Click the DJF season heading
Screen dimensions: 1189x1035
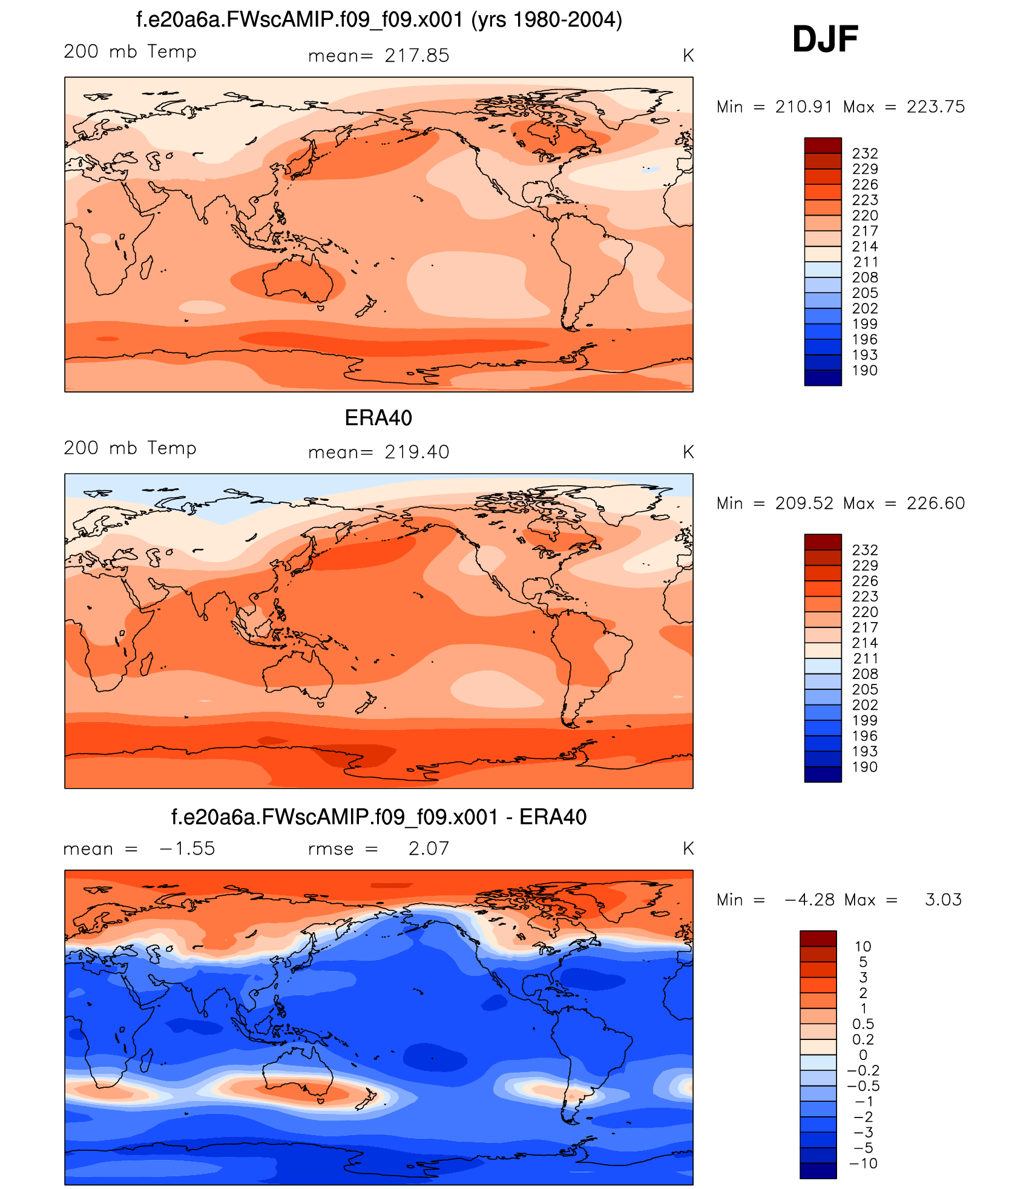click(x=824, y=39)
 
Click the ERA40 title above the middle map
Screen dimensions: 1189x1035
click(x=378, y=418)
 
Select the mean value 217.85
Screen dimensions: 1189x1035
click(x=417, y=56)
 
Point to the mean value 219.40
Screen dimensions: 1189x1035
click(x=417, y=452)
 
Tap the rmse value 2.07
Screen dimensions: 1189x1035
click(x=429, y=849)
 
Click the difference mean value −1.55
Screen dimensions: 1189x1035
click(x=187, y=849)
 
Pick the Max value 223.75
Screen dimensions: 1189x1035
click(x=935, y=107)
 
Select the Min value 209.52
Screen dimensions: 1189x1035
click(x=804, y=503)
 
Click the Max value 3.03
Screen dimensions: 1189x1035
click(x=943, y=899)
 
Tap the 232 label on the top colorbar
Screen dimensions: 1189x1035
click(x=864, y=154)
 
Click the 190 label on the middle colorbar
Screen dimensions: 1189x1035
click(x=864, y=767)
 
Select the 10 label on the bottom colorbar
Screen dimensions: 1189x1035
click(x=862, y=947)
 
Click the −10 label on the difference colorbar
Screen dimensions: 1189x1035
click(x=863, y=1164)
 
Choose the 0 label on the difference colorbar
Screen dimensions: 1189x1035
click(x=863, y=1055)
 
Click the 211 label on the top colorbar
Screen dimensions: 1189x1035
click(x=865, y=262)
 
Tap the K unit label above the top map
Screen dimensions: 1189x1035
click(x=688, y=56)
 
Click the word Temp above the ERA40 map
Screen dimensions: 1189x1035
click(x=172, y=448)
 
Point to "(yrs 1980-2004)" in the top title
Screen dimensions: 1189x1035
click(x=547, y=20)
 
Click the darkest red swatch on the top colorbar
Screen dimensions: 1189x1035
click(x=823, y=145)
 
